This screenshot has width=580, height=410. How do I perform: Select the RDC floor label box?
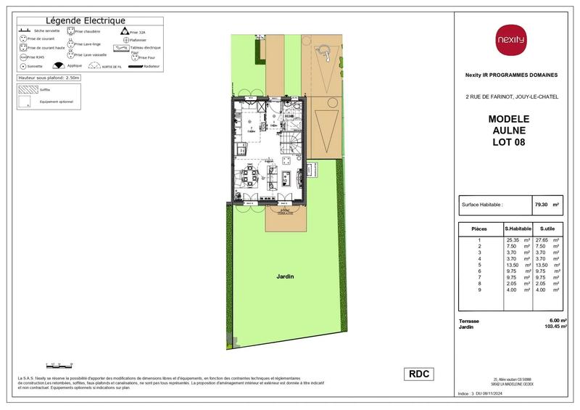tap(420, 374)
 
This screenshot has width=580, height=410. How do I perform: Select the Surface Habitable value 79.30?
tap(540, 205)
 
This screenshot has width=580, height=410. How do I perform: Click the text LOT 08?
tap(509, 142)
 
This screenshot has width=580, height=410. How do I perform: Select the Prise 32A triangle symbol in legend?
tap(125, 32)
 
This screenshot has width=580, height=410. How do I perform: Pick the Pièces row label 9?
tap(479, 290)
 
